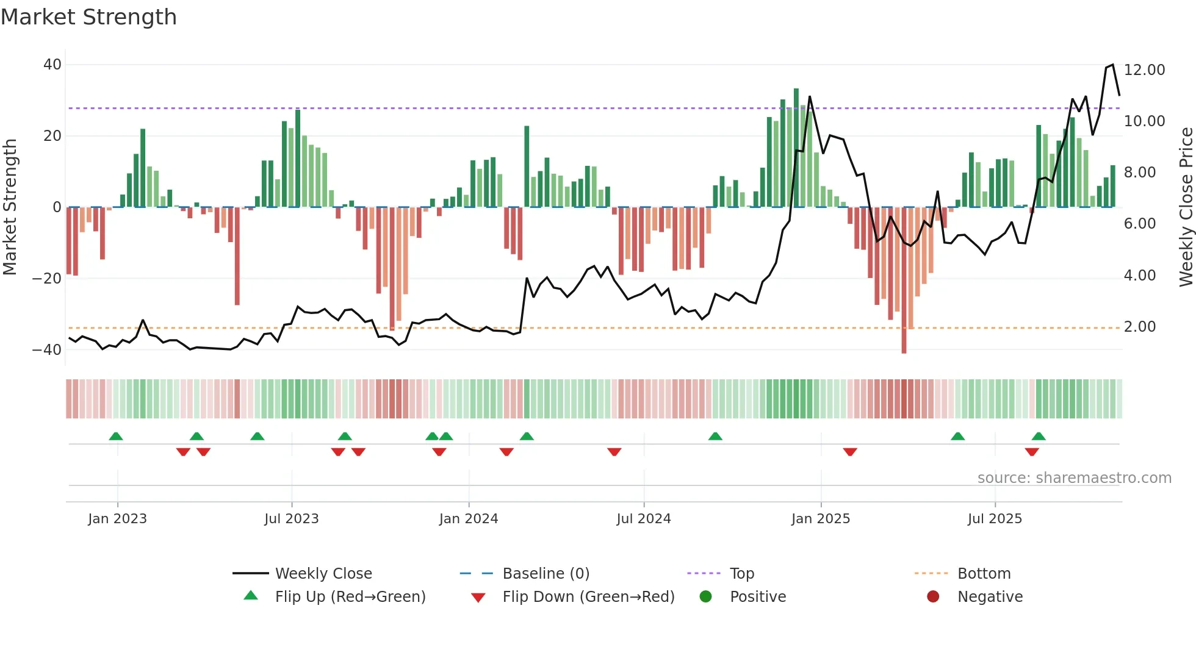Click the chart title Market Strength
pos(88,17)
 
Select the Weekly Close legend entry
pos(323,573)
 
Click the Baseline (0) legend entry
pos(546,573)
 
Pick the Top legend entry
pos(741,573)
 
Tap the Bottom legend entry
pos(984,573)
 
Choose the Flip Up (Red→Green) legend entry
pos(350,596)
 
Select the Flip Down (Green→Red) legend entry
pos(588,596)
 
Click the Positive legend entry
pos(757,596)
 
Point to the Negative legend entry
pos(989,596)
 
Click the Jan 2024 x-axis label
pos(469,519)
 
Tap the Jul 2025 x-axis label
pos(995,519)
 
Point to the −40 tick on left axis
pos(47,350)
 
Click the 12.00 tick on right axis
pos(1144,70)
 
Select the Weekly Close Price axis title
pos(1186,207)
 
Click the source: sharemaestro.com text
pos(1074,478)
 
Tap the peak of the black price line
pos(1112,65)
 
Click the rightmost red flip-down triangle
pos(1032,452)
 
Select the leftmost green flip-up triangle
pos(116,436)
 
